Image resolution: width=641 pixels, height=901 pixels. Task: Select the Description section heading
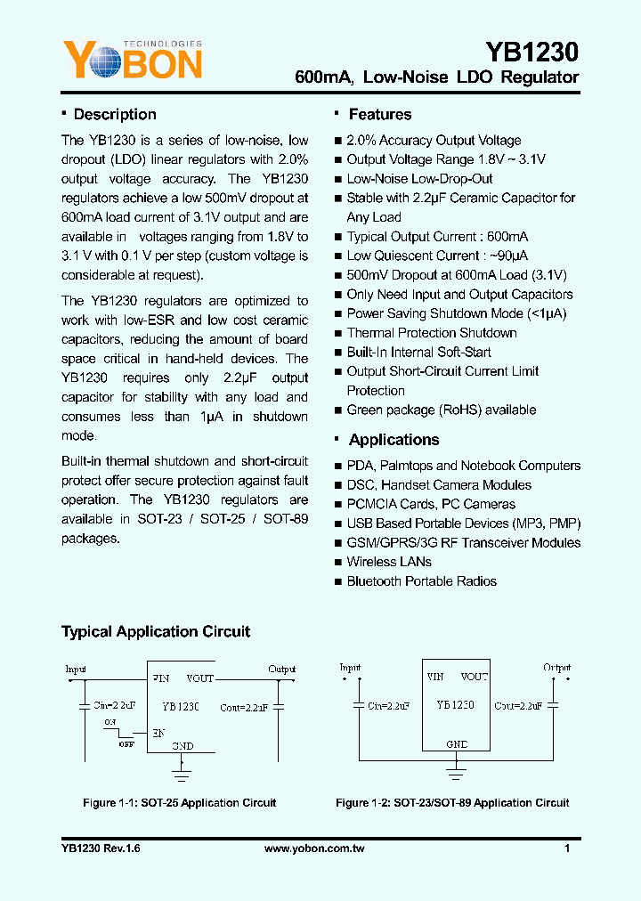click(114, 115)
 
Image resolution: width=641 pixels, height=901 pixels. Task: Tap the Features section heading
click(379, 115)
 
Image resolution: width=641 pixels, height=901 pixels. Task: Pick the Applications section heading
click(394, 440)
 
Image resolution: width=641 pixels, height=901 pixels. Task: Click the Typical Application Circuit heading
click(156, 632)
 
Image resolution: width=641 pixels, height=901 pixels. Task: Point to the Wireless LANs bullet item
click(388, 562)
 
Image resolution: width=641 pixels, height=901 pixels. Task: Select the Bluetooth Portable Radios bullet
click(421, 581)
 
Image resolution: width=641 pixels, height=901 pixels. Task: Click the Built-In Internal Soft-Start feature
click(418, 352)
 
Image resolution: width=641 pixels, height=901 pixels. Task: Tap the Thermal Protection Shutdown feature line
click(431, 333)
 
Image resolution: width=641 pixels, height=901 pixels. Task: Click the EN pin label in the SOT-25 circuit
click(158, 733)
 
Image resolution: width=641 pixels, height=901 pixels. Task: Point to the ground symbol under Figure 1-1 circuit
click(182, 765)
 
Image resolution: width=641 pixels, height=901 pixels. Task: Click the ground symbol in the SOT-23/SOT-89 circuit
click(456, 766)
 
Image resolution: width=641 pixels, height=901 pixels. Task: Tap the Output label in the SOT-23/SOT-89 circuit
click(557, 667)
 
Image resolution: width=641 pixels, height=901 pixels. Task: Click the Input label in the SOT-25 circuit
click(76, 669)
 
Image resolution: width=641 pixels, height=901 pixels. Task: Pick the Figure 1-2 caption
click(451, 803)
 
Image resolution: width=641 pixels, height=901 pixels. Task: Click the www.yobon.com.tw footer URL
click(314, 849)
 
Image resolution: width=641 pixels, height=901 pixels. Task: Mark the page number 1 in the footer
click(567, 849)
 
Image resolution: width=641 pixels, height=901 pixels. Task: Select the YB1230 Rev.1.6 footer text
click(101, 849)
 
